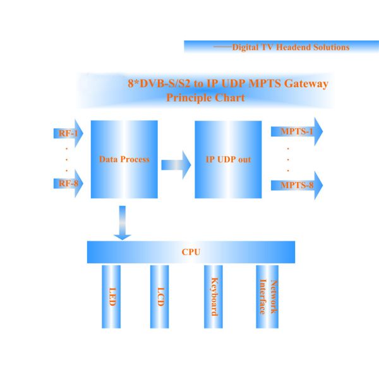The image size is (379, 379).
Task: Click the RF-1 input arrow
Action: tap(67, 133)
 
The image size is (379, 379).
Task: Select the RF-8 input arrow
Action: tap(67, 184)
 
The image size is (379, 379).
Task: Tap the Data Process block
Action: tap(124, 159)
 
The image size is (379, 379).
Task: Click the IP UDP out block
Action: tap(227, 159)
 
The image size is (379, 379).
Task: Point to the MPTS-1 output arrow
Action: tap(297, 131)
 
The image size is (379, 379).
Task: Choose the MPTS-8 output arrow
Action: tap(297, 185)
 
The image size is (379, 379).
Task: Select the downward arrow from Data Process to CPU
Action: tap(122, 223)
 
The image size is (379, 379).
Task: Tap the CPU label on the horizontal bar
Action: tap(191, 252)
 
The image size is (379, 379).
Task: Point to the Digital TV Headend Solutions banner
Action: tap(280, 47)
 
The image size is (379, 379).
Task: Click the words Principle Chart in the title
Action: tap(205, 98)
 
